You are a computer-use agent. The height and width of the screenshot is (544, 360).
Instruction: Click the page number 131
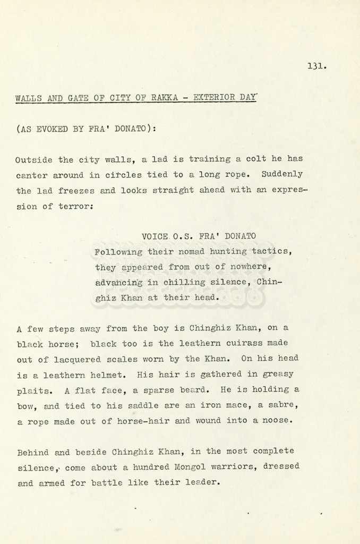click(316, 66)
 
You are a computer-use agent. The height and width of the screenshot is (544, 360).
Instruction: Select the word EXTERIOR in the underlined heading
click(215, 98)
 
